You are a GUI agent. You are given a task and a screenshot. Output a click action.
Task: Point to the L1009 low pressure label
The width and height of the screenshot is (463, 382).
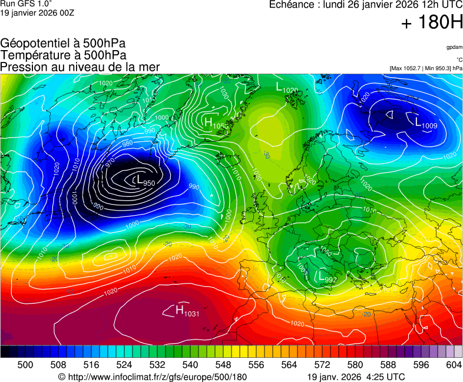click(x=426, y=123)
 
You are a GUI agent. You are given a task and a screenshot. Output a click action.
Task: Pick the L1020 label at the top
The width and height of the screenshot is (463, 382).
click(x=287, y=88)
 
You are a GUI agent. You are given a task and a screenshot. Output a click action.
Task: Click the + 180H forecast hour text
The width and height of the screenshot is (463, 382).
click(x=432, y=23)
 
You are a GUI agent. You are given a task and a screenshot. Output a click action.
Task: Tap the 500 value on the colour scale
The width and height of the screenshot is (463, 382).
click(x=25, y=365)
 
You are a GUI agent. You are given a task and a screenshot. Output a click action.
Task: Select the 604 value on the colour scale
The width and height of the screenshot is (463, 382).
click(x=453, y=365)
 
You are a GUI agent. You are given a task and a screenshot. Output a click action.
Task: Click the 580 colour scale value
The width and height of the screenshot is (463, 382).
click(x=355, y=365)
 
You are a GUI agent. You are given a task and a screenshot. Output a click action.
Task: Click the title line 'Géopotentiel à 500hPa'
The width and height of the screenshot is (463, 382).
click(x=63, y=44)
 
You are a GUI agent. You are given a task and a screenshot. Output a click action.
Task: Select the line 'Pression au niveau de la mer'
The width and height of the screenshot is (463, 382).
click(x=80, y=67)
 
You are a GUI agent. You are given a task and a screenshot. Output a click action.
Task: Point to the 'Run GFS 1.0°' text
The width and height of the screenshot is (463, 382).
click(x=27, y=4)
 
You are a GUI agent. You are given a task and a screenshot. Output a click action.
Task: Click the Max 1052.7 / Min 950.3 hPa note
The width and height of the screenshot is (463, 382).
click(x=426, y=68)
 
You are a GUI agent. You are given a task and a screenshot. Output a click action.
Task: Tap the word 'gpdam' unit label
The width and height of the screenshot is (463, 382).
click(x=454, y=47)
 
